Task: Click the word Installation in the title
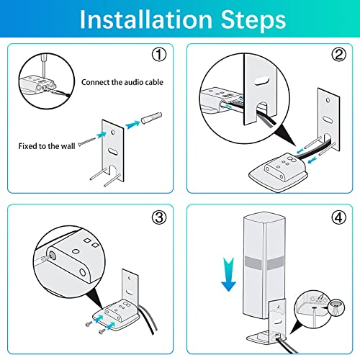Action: tap(146, 19)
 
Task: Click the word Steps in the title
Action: tap(253, 19)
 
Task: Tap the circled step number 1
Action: tap(159, 55)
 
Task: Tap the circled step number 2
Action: tap(338, 55)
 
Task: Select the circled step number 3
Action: tap(159, 217)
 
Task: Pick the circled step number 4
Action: tap(338, 217)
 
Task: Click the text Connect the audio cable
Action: tap(122, 82)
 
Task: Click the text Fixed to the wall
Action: tap(47, 146)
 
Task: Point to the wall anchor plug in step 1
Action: tap(151, 118)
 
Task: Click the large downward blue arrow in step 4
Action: tap(228, 274)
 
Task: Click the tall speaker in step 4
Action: tap(264, 266)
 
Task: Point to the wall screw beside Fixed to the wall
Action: tap(86, 141)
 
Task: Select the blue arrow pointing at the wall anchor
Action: tap(132, 125)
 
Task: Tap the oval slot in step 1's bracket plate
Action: tap(112, 151)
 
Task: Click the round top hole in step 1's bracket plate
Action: tap(112, 132)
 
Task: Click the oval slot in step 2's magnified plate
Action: tap(261, 81)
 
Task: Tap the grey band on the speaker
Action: tap(264, 263)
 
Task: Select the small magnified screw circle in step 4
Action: tap(336, 308)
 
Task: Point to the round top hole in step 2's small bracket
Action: tap(328, 100)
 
